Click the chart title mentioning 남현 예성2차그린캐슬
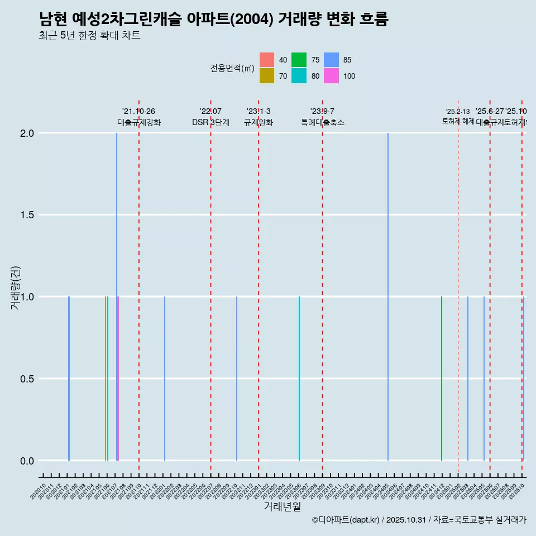pos(213,19)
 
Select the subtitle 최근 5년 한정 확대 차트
pos(89,36)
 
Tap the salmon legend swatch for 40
pos(267,60)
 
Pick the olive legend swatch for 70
pos(267,76)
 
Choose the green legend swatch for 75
pos(299,60)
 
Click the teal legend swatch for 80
pos(299,76)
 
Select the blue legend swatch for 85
pos(331,60)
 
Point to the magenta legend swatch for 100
pos(331,76)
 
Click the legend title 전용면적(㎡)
pos(232,68)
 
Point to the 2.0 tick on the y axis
pos(28,133)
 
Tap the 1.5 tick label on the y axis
pos(28,215)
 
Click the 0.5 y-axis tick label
pos(28,379)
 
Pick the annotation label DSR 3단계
pos(210,122)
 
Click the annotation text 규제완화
pos(259,122)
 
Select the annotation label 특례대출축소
pos(323,122)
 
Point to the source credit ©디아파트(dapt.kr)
pos(346,520)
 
